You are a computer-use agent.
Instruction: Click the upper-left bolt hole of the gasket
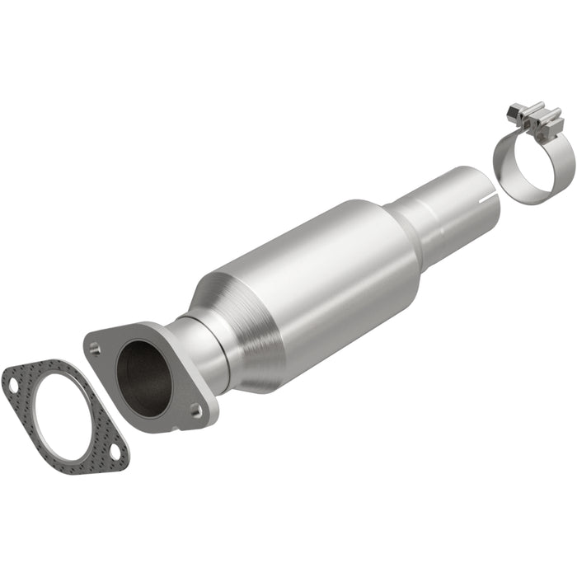click(x=13, y=384)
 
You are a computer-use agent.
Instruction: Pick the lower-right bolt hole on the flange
click(x=195, y=409)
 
